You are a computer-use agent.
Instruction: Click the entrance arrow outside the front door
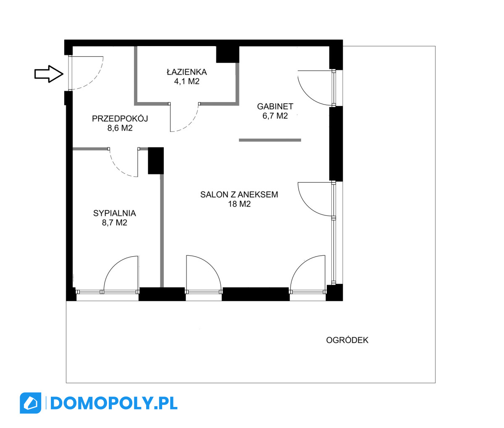[x=49, y=74]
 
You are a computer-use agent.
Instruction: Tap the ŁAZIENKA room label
[x=187, y=72]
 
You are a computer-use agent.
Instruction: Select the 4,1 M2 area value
[x=187, y=81]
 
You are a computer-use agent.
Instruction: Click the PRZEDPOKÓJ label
[x=120, y=119]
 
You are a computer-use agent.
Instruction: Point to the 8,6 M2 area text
[x=120, y=128]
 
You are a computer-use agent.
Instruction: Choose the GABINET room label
[x=275, y=107]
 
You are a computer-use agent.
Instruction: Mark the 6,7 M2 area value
[x=275, y=116]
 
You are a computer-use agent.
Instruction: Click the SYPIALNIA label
[x=115, y=213]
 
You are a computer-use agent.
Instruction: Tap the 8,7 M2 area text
[x=115, y=223]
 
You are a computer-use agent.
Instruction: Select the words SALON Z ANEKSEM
[x=239, y=194]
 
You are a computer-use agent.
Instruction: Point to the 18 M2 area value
[x=239, y=204]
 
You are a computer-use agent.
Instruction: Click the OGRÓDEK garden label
[x=347, y=340]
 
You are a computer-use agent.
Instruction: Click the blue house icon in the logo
[x=31, y=403]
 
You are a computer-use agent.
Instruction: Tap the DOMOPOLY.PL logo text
[x=114, y=403]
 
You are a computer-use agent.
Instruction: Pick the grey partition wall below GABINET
[x=270, y=140]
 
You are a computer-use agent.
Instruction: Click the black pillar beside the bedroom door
[x=156, y=161]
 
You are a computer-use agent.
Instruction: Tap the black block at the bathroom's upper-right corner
[x=228, y=54]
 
